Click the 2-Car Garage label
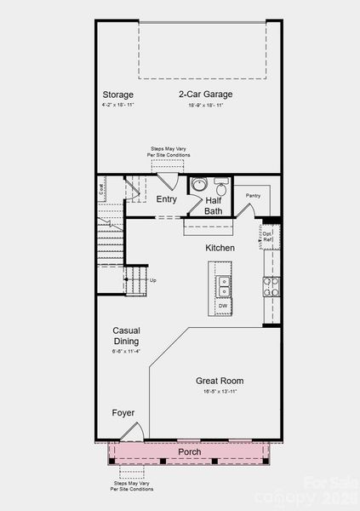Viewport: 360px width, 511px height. tap(206, 95)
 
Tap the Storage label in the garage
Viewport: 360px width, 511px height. tap(118, 95)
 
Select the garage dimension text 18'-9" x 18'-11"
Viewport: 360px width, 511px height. tap(206, 106)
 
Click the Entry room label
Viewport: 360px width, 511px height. tap(167, 199)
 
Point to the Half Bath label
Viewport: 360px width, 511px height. tap(213, 205)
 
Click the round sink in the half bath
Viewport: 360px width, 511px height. tap(199, 184)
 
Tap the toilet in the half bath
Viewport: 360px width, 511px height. tap(220, 187)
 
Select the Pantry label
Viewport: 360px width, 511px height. tap(253, 195)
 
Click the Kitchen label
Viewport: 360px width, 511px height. tap(220, 248)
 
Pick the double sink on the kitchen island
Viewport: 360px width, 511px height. tap(223, 284)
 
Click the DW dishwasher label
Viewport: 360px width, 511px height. tap(223, 305)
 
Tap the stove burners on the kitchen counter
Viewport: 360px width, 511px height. tap(271, 286)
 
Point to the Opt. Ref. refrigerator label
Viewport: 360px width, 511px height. tap(266, 237)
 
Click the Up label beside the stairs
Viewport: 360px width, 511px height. tap(153, 280)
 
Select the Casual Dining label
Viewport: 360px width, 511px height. tap(126, 336)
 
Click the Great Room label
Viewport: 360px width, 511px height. tap(220, 381)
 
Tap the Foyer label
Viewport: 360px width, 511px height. tap(123, 413)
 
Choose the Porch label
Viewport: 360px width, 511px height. tap(189, 451)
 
